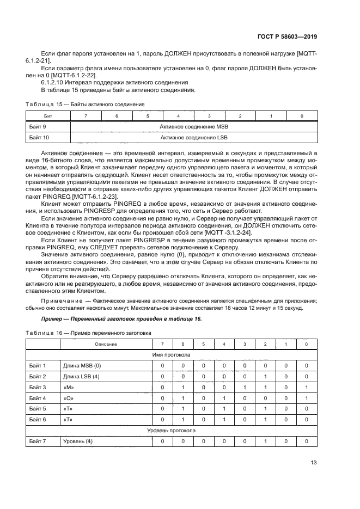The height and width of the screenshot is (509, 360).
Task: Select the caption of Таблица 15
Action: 86,103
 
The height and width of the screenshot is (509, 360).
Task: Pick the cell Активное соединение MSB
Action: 194,127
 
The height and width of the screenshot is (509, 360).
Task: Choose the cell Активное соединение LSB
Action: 194,138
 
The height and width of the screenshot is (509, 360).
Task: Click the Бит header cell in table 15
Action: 48,116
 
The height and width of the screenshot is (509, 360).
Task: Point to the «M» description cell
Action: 69,387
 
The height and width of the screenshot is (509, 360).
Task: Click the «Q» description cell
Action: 69,398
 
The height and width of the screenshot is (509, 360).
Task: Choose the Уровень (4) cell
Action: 78,441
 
